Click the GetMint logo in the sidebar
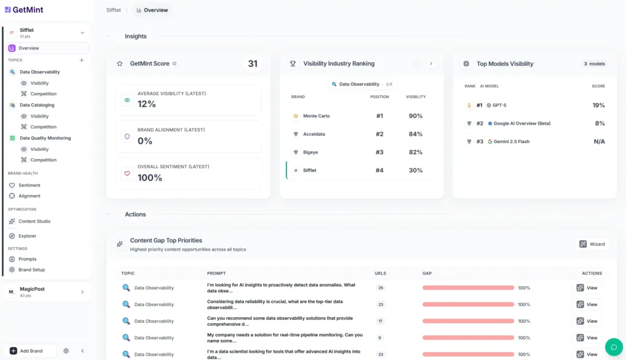pyautogui.click(x=24, y=10)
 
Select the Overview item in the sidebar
pyautogui.click(x=29, y=48)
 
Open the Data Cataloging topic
pyautogui.click(x=37, y=105)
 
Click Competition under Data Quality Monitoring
pyautogui.click(x=43, y=160)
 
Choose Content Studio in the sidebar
pyautogui.click(x=34, y=221)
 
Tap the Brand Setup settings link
pyautogui.click(x=31, y=270)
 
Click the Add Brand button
pyautogui.click(x=30, y=351)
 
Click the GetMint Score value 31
pyautogui.click(x=252, y=64)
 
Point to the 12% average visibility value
pyautogui.click(x=147, y=105)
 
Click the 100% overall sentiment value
pyautogui.click(x=150, y=178)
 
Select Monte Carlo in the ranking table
pyautogui.click(x=316, y=116)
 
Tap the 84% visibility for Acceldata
pyautogui.click(x=416, y=134)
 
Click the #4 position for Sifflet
pyautogui.click(x=379, y=171)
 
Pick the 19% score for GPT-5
pyautogui.click(x=598, y=105)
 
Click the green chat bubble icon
pyautogui.click(x=613, y=347)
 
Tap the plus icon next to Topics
pyautogui.click(x=82, y=60)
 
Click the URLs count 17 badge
pyautogui.click(x=381, y=321)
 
